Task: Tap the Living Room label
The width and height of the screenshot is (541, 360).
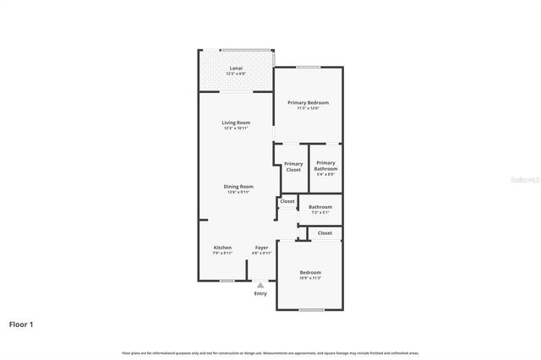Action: [236, 123]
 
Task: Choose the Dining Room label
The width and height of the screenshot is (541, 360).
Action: [238, 186]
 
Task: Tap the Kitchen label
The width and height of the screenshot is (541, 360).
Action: [222, 248]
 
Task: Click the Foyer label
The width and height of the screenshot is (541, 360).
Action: [261, 248]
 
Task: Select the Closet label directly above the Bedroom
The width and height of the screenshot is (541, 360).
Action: [325, 232]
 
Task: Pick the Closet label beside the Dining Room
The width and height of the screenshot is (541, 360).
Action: [287, 201]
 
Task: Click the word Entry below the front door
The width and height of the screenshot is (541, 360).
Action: [260, 293]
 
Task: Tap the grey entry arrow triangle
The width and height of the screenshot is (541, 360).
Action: [260, 286]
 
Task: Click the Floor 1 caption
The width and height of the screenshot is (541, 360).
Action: [21, 324]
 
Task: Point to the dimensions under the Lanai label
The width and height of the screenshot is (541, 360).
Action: [236, 74]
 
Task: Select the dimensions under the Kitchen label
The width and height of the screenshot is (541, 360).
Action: [222, 253]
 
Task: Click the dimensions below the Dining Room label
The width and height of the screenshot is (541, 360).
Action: [238, 192]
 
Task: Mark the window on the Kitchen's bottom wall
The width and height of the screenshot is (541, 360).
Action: [227, 280]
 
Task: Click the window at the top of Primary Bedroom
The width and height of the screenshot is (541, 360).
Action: [308, 67]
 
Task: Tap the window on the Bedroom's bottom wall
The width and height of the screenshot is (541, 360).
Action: [311, 309]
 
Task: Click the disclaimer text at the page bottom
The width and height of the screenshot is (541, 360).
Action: [270, 352]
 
